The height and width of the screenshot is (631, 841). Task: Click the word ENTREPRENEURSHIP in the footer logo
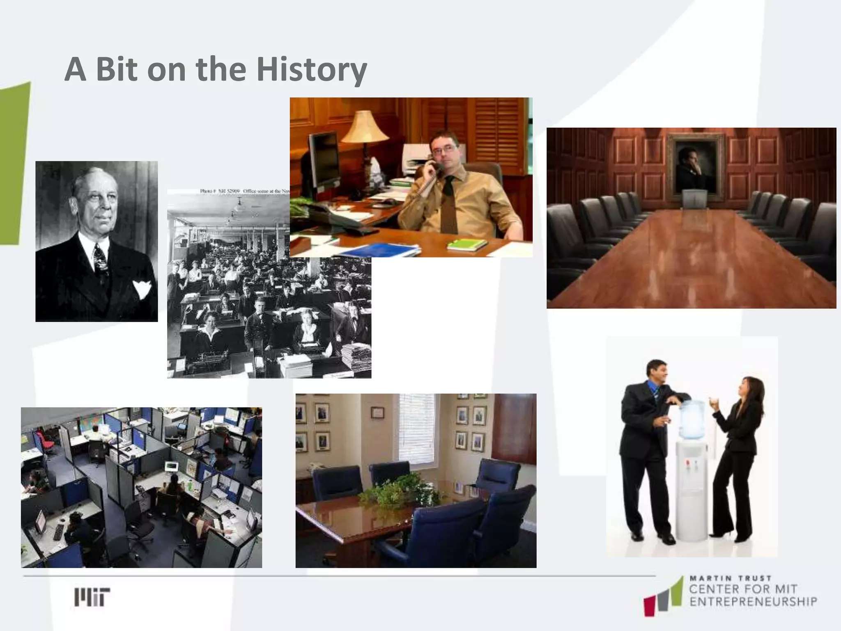(753, 602)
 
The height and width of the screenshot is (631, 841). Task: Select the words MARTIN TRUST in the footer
(730, 578)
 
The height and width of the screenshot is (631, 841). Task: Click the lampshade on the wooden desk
(365, 127)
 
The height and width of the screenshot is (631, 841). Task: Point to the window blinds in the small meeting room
(416, 425)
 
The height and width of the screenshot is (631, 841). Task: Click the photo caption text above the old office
(245, 191)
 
